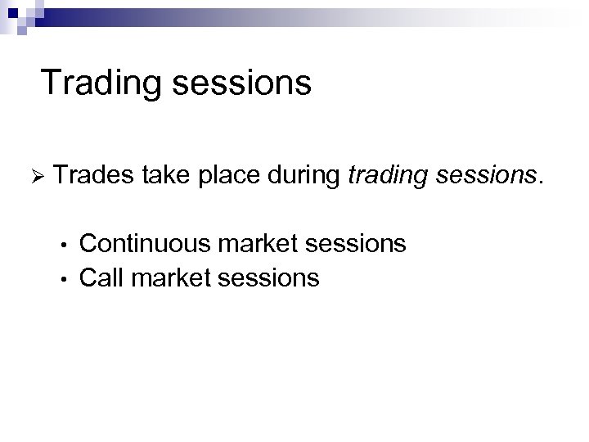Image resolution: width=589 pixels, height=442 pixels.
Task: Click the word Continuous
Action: [x=144, y=243]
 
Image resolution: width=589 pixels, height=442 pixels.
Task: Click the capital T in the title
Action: [x=50, y=83]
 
